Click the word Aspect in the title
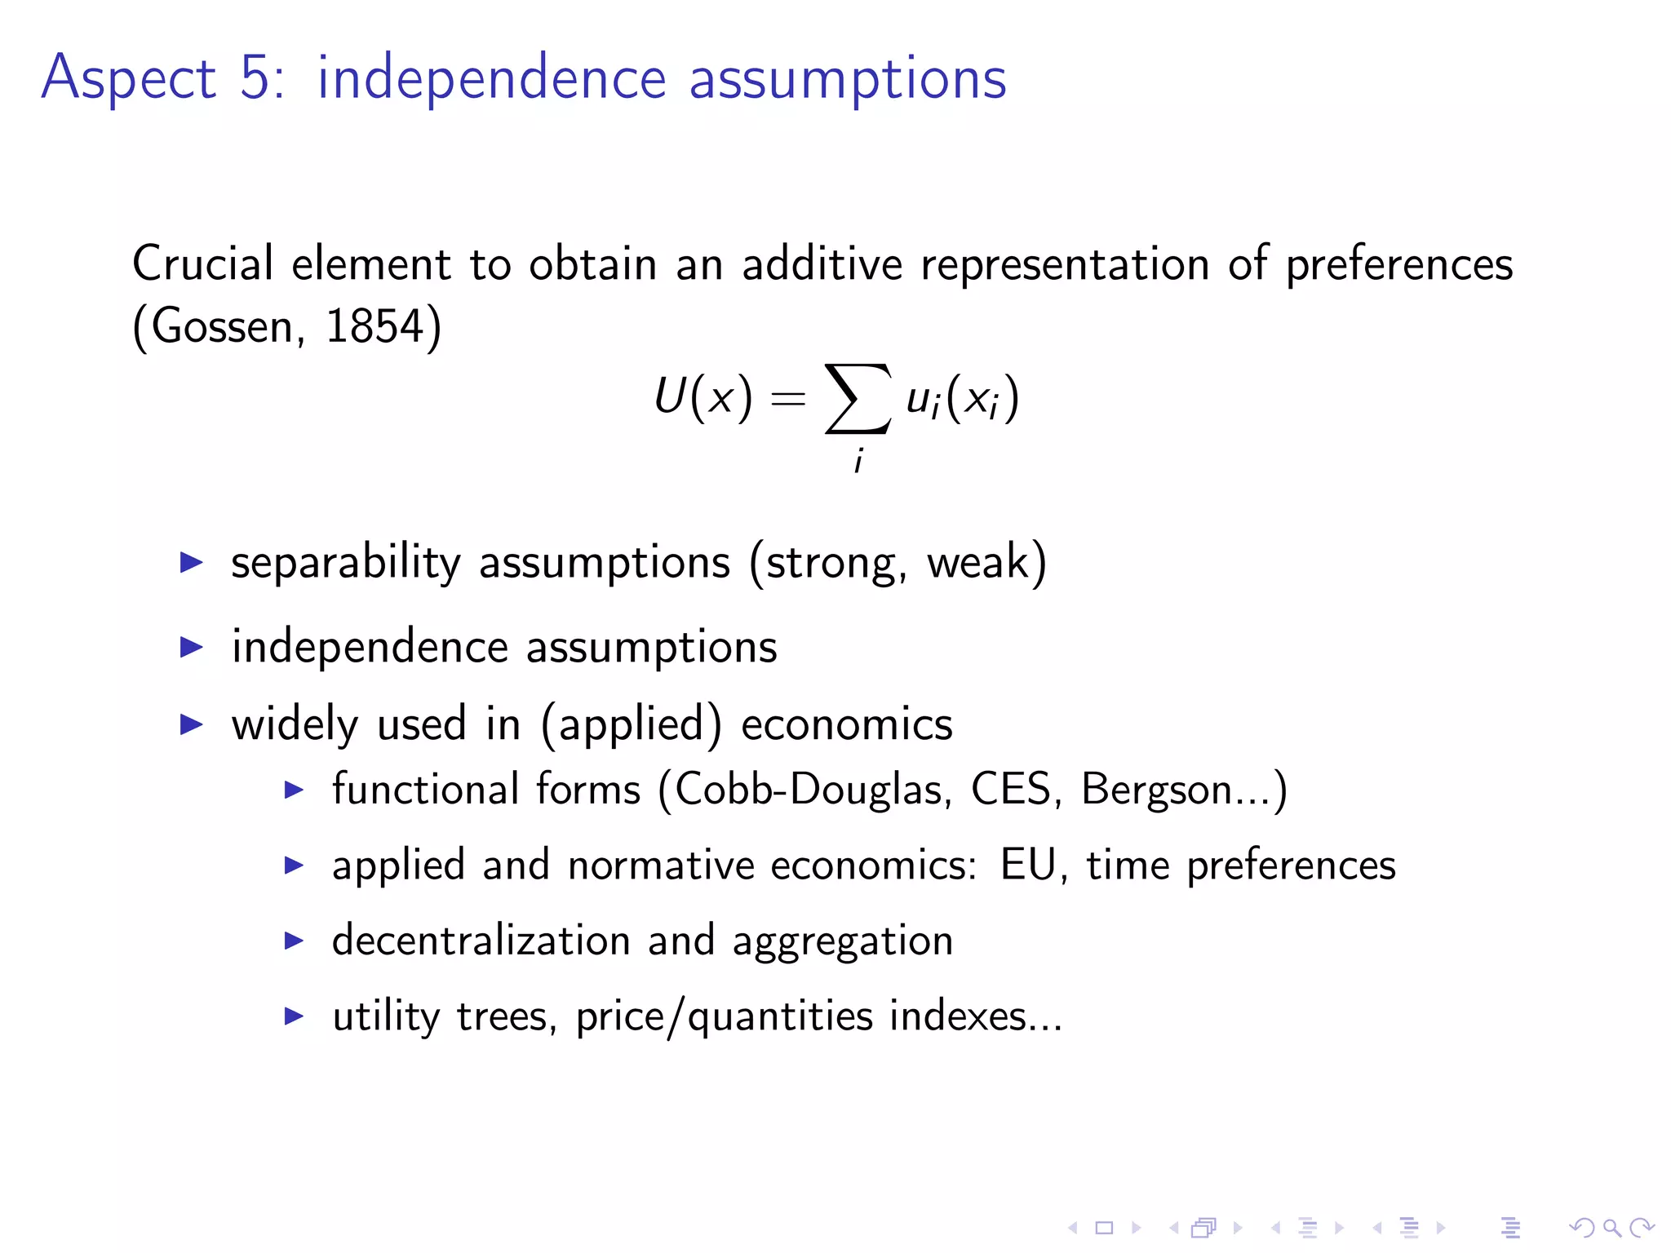(128, 79)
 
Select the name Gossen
(222, 326)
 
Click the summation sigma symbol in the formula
(858, 399)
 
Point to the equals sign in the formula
(788, 399)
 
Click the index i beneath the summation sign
(858, 461)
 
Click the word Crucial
(202, 264)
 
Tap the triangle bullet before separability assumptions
(191, 562)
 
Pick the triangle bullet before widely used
(191, 724)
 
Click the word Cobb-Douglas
(809, 790)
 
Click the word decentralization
(481, 941)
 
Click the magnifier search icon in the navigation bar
(1611, 1228)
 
